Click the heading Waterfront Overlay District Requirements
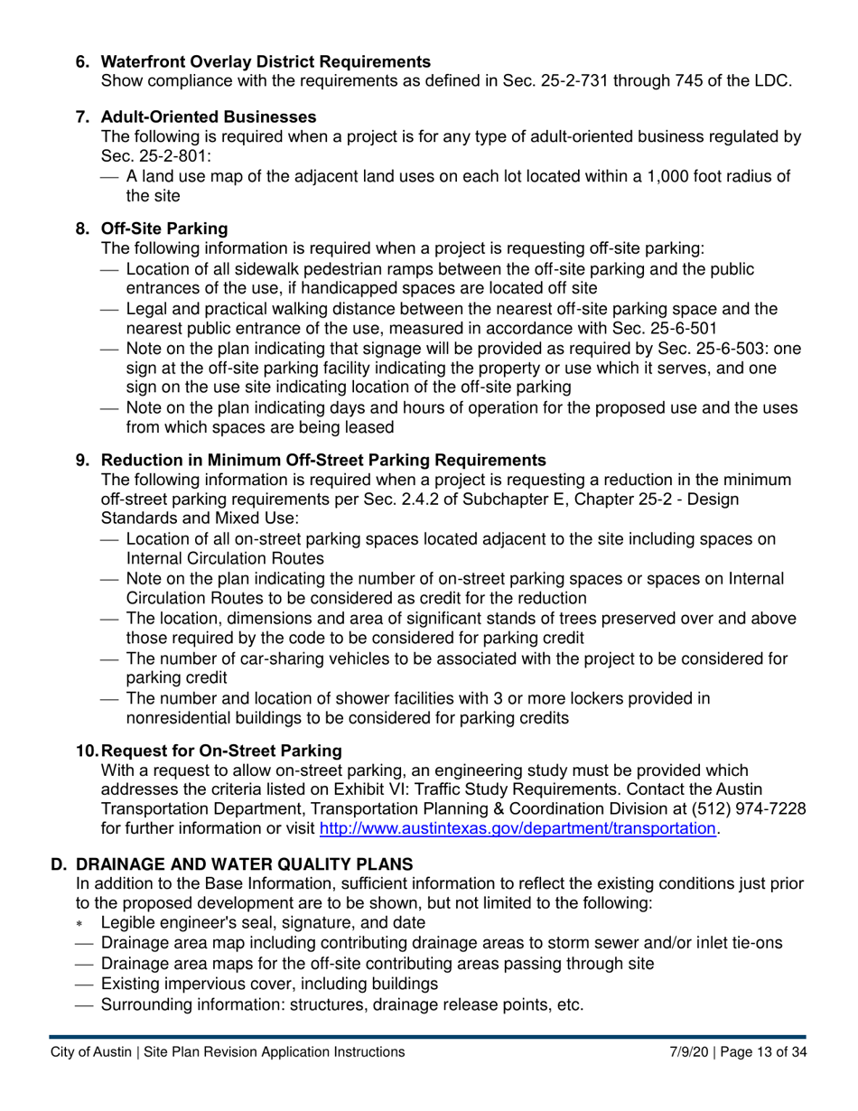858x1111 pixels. point(266,61)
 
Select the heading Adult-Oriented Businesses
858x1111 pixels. point(209,117)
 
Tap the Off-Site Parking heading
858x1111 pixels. point(164,229)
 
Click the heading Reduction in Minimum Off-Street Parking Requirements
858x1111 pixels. point(323,460)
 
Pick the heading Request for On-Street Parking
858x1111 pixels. point(221,751)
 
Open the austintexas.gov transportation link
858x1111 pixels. point(518,828)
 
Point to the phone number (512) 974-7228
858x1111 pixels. point(747,809)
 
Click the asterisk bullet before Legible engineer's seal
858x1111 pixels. point(80,924)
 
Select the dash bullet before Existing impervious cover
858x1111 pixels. point(84,984)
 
